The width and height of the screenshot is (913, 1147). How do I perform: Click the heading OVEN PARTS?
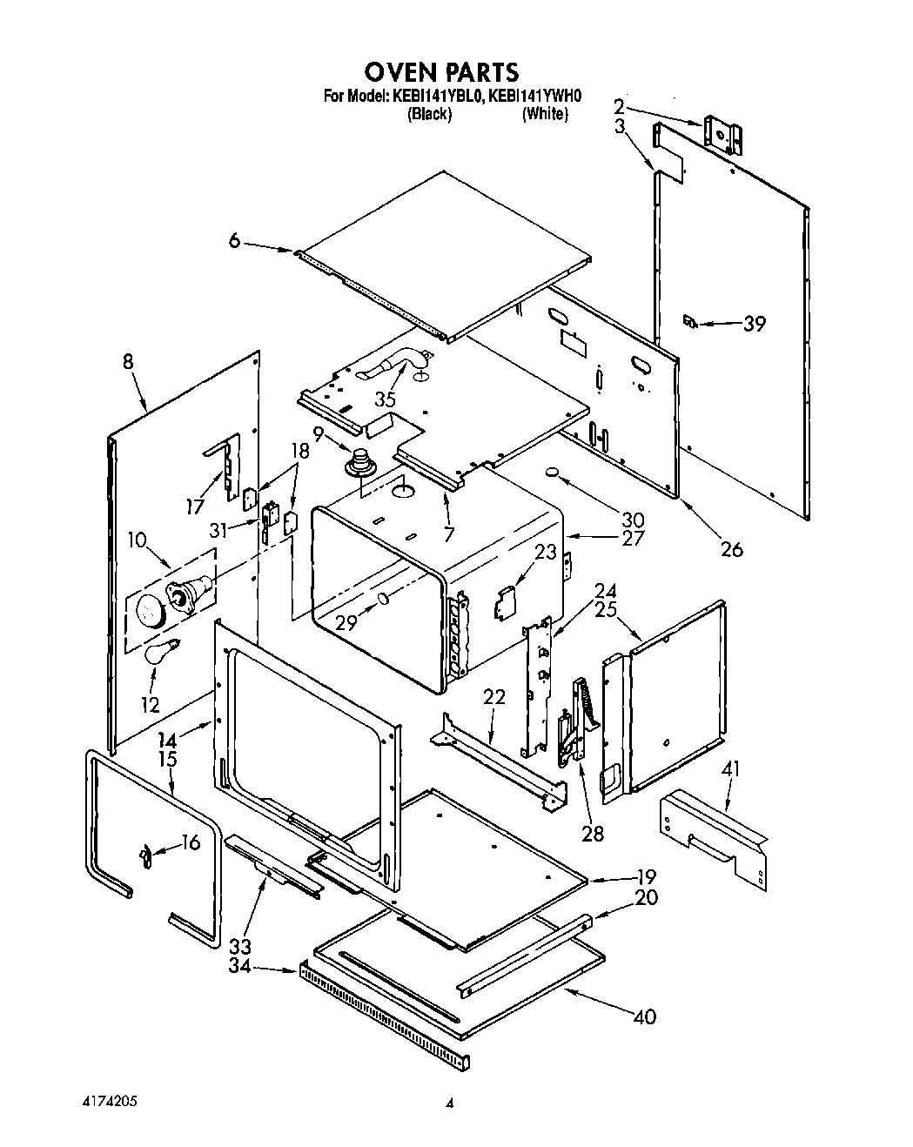(440, 71)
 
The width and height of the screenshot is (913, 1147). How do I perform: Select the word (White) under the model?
(545, 114)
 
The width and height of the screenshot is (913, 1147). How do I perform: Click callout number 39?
(754, 324)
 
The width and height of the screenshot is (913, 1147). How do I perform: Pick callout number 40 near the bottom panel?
(644, 1016)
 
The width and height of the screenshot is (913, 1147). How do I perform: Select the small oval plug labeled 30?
(551, 473)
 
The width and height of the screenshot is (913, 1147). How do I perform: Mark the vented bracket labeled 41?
(714, 831)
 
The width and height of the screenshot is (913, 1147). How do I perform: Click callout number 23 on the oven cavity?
(545, 552)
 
